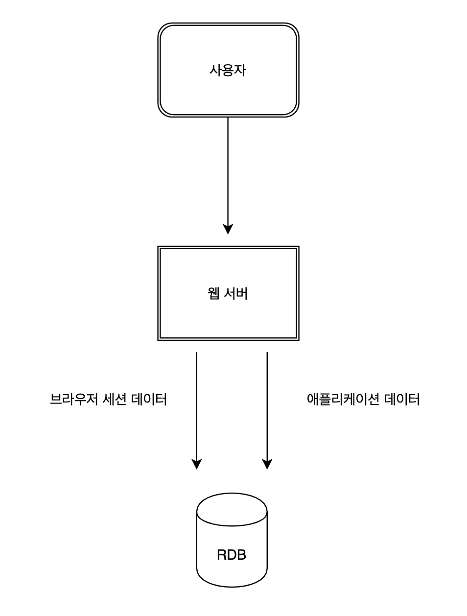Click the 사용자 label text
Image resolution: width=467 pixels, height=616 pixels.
[x=228, y=71]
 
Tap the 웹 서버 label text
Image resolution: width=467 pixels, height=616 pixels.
[x=228, y=294]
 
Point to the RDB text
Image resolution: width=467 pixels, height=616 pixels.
[x=231, y=555]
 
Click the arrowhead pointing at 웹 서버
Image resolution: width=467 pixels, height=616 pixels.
[x=228, y=229]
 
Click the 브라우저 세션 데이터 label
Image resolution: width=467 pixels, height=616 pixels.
[x=108, y=400]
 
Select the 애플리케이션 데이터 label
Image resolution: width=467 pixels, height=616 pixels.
[x=363, y=400]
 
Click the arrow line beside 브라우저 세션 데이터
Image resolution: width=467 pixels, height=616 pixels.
[x=196, y=406]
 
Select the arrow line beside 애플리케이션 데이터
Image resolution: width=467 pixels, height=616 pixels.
[x=267, y=406]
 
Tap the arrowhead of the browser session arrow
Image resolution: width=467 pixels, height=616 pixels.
[x=196, y=464]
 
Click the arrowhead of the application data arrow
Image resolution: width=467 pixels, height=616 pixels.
[x=267, y=464]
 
